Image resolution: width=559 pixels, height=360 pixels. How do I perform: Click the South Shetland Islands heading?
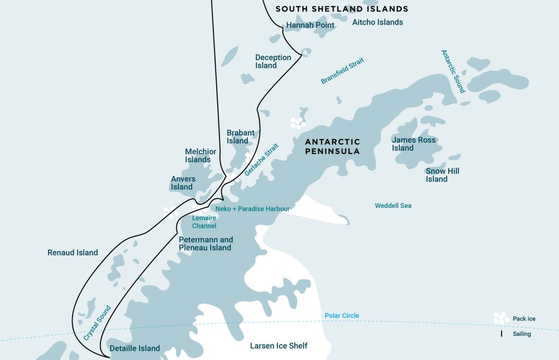(342, 9)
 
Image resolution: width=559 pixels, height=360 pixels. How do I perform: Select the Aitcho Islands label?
(378, 22)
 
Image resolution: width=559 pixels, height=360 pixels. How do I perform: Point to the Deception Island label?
(273, 62)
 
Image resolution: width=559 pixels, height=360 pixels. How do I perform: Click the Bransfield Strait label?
(342, 71)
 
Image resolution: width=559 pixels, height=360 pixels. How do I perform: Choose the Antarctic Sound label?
(453, 72)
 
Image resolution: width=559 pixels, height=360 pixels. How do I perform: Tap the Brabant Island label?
(241, 137)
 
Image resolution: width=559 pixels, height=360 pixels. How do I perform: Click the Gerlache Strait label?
(261, 160)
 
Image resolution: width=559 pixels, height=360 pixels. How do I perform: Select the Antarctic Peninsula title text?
(332, 146)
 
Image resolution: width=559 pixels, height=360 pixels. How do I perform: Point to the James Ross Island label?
(414, 144)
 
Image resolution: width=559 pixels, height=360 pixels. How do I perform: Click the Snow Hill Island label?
(443, 175)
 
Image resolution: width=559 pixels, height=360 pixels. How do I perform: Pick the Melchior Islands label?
(200, 156)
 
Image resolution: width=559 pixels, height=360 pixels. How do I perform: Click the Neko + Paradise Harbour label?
(252, 209)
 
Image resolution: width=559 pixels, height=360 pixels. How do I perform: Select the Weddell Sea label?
(393, 206)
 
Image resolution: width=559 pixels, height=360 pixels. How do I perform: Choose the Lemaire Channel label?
(204, 222)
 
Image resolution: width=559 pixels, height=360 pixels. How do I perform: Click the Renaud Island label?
(73, 252)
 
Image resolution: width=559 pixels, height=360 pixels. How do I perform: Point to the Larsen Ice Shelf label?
(279, 346)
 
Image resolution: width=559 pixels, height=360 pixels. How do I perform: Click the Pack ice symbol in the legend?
(500, 318)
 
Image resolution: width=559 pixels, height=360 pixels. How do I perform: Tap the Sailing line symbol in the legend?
(501, 333)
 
